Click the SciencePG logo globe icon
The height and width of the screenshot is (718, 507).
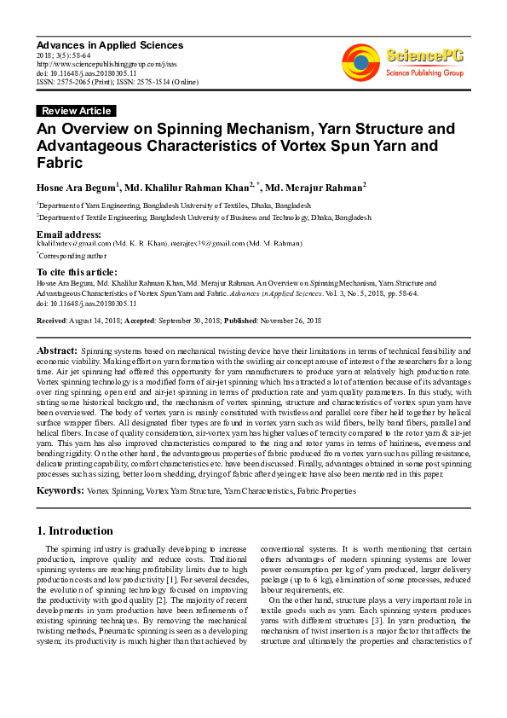point(361,60)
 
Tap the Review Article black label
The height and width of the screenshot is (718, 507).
point(76,111)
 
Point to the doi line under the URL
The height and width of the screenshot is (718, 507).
point(81,72)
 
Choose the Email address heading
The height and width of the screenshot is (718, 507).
point(69,234)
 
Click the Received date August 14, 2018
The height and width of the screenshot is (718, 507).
point(98,321)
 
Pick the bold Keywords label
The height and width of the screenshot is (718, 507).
point(59,492)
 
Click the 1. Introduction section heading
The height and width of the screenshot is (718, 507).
point(75,530)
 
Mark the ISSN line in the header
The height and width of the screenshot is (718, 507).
point(118,82)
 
